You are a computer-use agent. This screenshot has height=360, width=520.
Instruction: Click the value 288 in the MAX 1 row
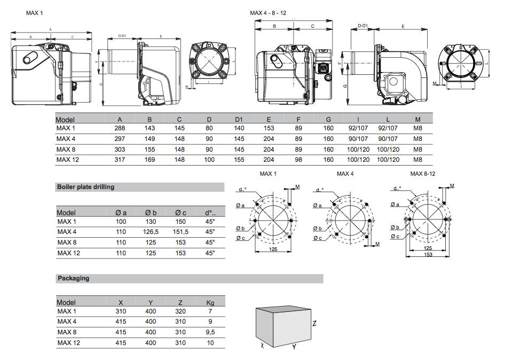tap(120, 128)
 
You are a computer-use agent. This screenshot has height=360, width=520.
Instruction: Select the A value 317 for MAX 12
tap(120, 159)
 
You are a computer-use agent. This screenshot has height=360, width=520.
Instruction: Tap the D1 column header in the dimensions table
tap(239, 120)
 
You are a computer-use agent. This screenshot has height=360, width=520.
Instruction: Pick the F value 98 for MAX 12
tap(298, 159)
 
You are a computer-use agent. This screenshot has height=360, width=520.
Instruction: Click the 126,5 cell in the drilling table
tap(151, 232)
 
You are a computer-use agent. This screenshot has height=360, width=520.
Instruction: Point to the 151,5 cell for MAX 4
tap(181, 232)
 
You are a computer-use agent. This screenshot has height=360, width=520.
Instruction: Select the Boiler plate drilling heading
tap(85, 187)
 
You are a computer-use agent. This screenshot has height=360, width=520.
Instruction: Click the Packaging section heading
tap(73, 278)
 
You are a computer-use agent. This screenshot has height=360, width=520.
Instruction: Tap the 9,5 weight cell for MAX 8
tap(210, 332)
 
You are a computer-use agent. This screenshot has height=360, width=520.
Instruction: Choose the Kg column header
tap(210, 303)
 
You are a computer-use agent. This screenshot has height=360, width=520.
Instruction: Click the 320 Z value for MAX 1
tap(180, 311)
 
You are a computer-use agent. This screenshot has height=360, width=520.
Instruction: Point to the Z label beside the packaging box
tap(315, 324)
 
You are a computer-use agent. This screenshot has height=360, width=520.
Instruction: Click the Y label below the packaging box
tap(294, 347)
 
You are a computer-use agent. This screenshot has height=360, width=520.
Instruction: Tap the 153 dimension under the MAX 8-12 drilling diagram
tap(428, 255)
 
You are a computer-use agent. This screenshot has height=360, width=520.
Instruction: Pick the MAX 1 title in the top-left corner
tap(35, 13)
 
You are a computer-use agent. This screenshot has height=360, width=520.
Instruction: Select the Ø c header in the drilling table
tap(181, 213)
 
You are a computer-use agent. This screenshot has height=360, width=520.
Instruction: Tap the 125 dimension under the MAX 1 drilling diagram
tap(273, 249)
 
